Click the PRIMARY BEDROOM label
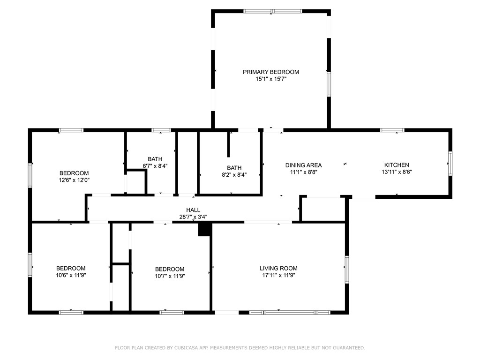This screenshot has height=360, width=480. (x=271, y=72)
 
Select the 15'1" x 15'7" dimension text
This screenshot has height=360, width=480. (x=271, y=79)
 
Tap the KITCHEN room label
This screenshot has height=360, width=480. (x=397, y=165)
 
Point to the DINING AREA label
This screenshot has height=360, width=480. (x=303, y=165)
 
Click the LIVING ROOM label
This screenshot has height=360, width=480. (x=278, y=269)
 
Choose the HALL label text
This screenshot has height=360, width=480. (x=193, y=210)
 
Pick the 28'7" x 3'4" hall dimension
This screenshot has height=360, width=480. (x=193, y=217)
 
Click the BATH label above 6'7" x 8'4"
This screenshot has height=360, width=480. (x=155, y=159)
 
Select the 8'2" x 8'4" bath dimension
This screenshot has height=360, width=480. (x=234, y=175)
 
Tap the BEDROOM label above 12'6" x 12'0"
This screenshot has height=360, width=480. (x=74, y=173)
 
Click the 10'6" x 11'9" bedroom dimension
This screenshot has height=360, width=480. (x=71, y=275)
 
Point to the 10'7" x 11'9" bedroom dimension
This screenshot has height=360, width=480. (x=170, y=276)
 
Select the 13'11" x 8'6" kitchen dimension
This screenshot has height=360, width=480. (x=397, y=172)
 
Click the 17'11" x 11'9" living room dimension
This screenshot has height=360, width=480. (x=278, y=275)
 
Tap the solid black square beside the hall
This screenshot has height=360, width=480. (x=205, y=229)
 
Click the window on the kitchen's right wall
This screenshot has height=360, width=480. (x=450, y=164)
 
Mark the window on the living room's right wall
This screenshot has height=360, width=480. (x=347, y=270)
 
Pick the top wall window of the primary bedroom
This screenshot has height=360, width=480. (x=272, y=11)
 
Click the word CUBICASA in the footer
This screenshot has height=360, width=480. (x=186, y=348)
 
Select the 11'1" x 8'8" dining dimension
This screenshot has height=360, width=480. (x=303, y=172)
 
